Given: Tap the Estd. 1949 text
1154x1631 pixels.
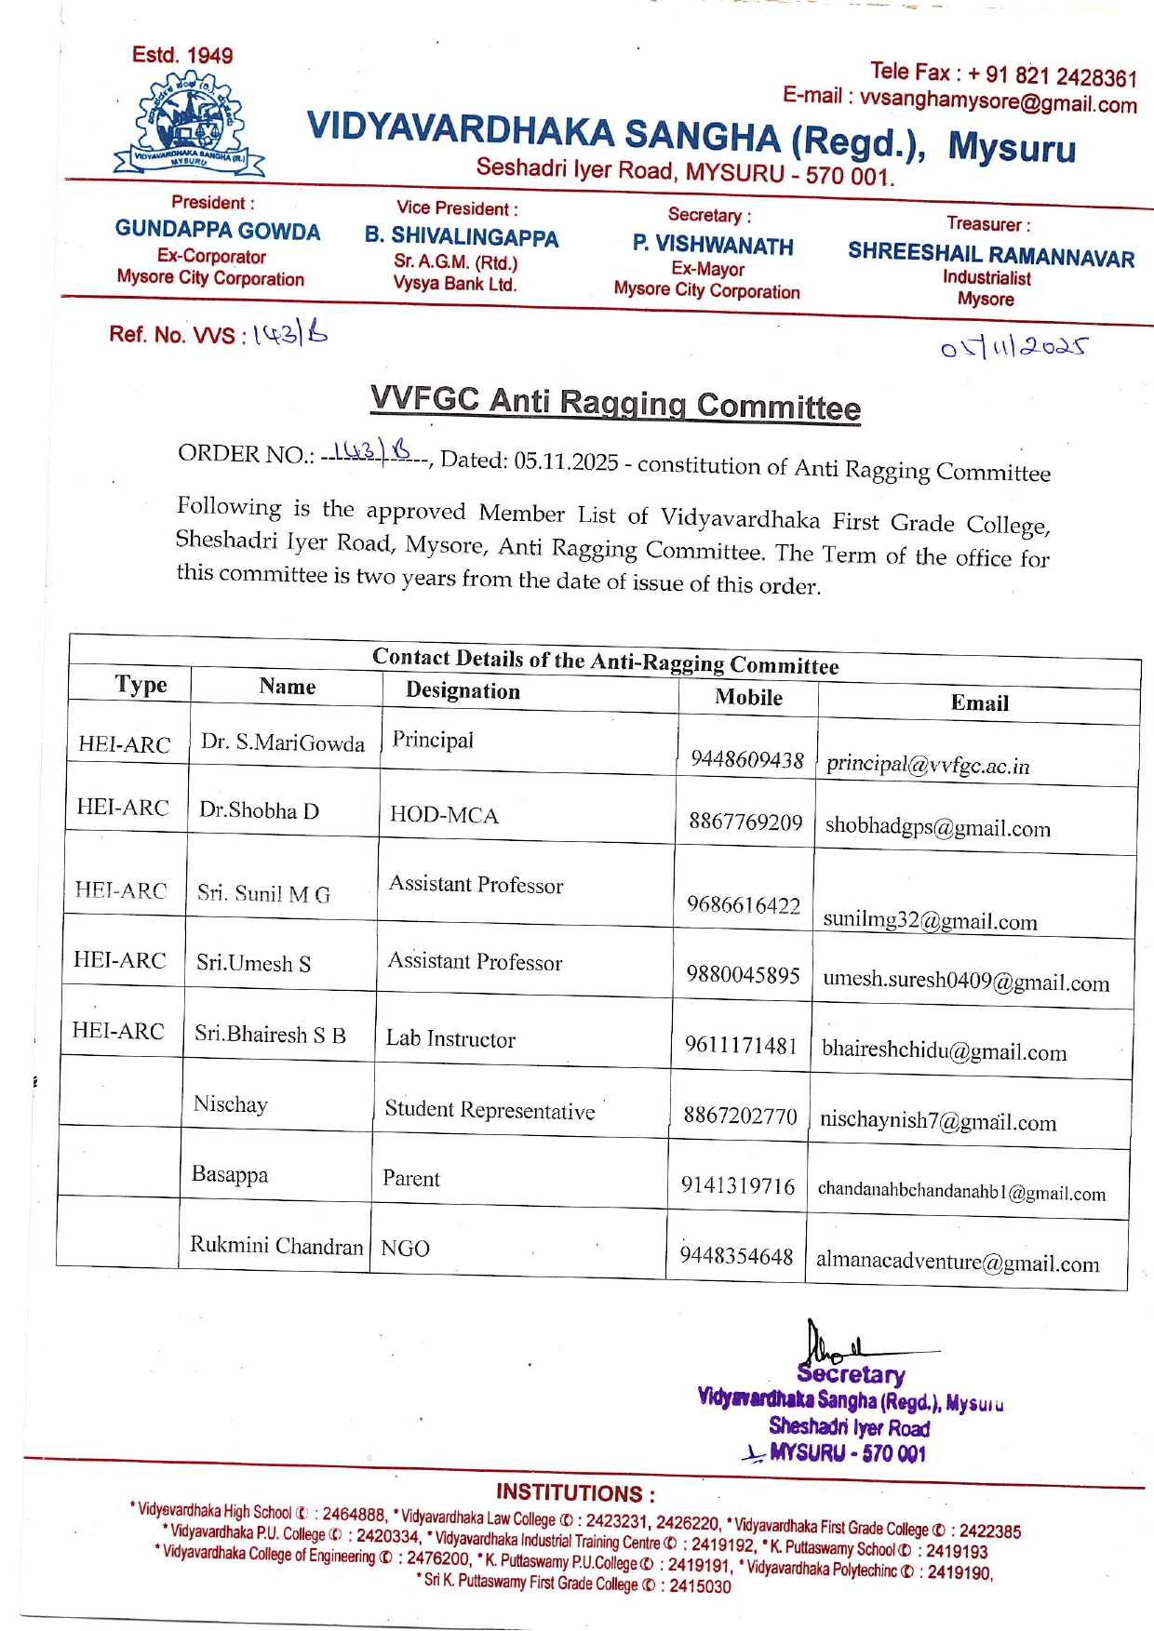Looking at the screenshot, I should [182, 55].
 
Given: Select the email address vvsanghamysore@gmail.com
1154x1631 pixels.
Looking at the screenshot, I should [998, 100].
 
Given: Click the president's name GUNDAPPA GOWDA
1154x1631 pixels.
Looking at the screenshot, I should [218, 231].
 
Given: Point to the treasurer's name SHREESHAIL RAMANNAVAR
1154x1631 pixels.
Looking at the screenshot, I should [991, 255].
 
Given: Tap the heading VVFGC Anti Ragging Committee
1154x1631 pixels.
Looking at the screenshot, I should [615, 404].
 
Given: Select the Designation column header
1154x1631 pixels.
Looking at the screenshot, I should [463, 691].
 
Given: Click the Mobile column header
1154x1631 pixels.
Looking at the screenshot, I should [748, 698].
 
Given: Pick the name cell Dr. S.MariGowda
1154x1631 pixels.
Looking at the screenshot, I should [283, 742].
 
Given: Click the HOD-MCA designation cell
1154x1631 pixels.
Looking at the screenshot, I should [444, 816].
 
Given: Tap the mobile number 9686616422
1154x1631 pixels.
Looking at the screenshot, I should [744, 905].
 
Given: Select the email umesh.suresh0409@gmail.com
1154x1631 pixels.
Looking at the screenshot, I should [966, 981].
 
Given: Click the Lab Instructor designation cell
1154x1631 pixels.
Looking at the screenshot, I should [450, 1039].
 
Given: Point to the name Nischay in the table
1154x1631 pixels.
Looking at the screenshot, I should [231, 1104].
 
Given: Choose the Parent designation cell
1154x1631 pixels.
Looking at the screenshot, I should [411, 1179].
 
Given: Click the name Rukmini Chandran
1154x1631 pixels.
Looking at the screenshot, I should [276, 1246].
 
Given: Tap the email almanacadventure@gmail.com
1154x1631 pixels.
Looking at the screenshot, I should [958, 1263].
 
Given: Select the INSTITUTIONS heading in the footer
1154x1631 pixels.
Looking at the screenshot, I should [575, 1493].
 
